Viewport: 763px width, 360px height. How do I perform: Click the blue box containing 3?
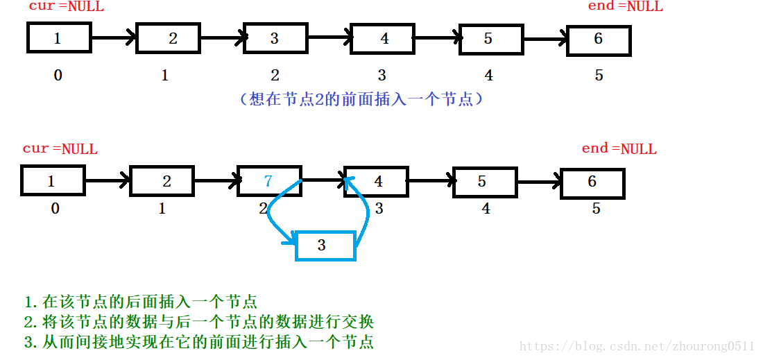pyautogui.click(x=325, y=246)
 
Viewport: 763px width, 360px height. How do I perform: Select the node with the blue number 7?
pyautogui.click(x=269, y=182)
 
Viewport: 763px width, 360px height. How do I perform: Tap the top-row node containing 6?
pyautogui.click(x=598, y=40)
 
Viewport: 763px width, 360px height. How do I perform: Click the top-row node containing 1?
pyautogui.click(x=59, y=38)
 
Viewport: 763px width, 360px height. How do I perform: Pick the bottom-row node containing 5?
pyautogui.click(x=483, y=182)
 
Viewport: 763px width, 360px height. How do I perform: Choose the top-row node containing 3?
pyautogui.click(x=275, y=39)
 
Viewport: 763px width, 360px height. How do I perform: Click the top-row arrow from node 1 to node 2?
pyautogui.click(x=113, y=38)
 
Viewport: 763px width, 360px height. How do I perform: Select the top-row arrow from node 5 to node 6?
pyautogui.click(x=545, y=40)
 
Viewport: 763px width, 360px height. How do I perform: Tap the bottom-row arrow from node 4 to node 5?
pyautogui.click(x=429, y=182)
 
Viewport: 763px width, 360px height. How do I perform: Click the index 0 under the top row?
pyautogui.click(x=58, y=75)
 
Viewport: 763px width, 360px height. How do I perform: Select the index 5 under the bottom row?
pyautogui.click(x=596, y=208)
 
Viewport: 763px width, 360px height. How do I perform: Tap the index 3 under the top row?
pyautogui.click(x=381, y=75)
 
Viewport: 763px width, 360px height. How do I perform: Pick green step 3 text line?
pyautogui.click(x=198, y=342)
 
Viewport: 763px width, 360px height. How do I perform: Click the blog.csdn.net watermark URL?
pyautogui.click(x=637, y=346)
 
